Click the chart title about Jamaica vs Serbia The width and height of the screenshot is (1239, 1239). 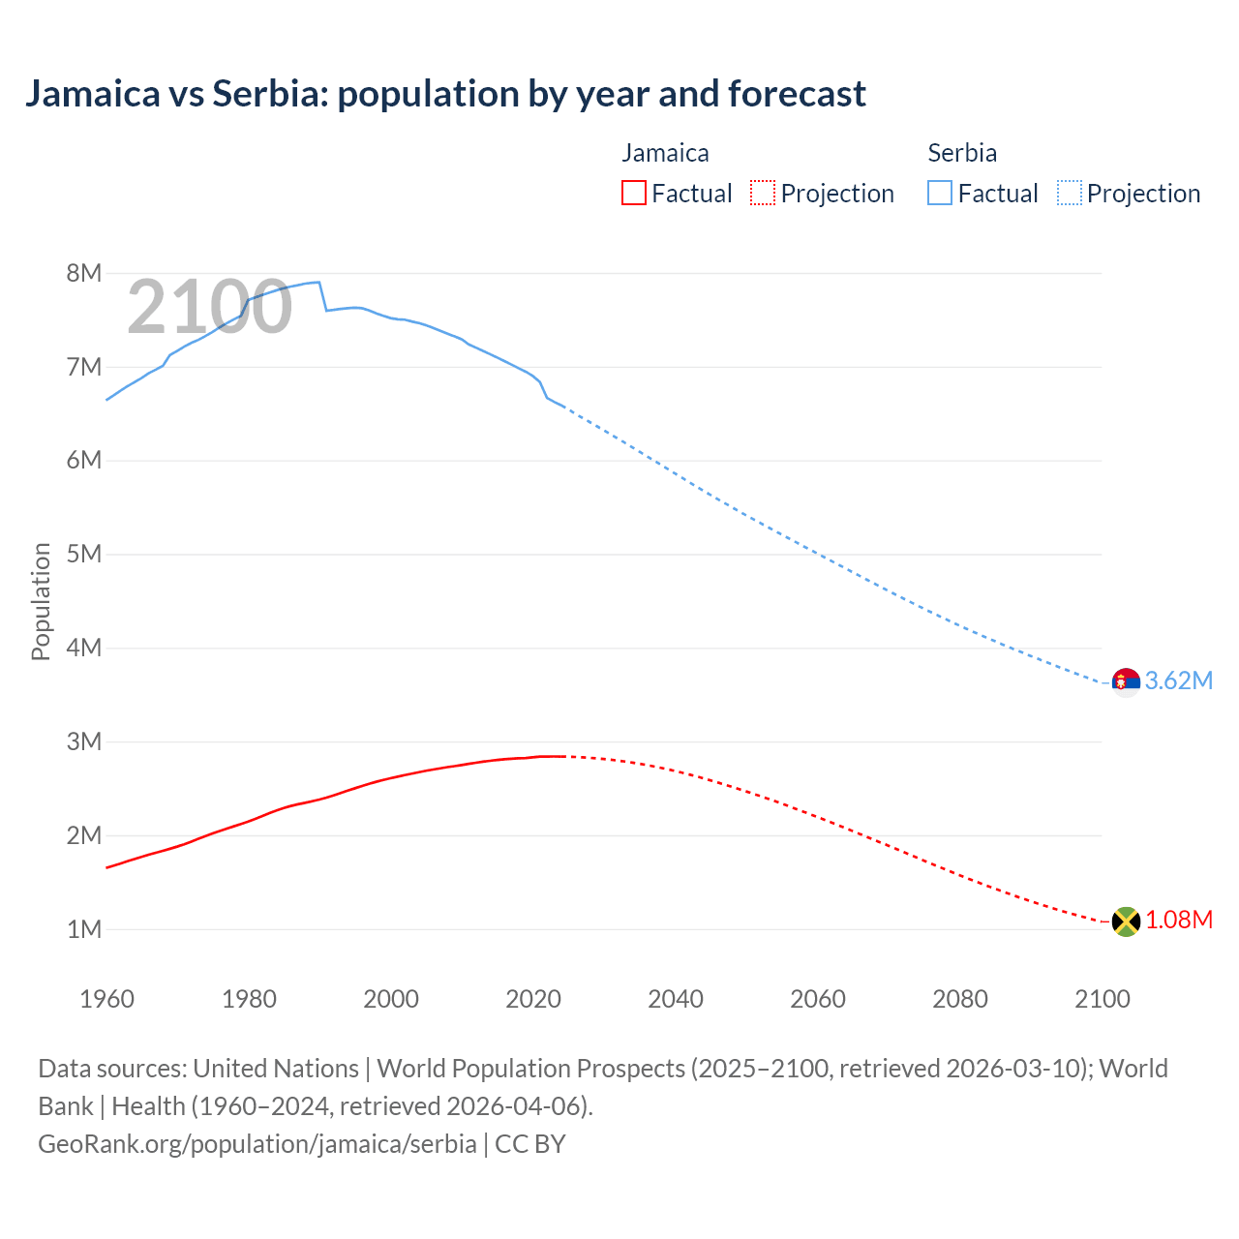pos(445,94)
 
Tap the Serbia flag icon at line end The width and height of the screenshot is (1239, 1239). pos(1126,681)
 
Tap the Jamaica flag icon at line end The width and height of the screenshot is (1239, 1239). pos(1126,921)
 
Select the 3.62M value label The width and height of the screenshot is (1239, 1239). pos(1178,681)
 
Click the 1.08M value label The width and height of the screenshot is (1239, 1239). pos(1178,921)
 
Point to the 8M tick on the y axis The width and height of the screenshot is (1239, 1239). pos(84,273)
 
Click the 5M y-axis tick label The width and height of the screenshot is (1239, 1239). pos(84,554)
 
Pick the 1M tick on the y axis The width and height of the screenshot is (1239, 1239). pos(84,929)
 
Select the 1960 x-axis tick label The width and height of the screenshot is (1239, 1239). pos(106,999)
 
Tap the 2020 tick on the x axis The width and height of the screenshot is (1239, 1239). pos(533,999)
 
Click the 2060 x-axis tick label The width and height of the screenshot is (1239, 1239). pos(818,999)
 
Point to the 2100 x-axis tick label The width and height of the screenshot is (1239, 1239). pos(1103,999)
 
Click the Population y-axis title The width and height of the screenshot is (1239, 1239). pos(41,601)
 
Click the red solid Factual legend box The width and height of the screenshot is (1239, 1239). pos(634,194)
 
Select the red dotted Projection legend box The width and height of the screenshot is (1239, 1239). pos(763,194)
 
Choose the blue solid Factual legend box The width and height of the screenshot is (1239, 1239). pos(940,194)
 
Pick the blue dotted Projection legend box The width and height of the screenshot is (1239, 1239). pos(1070,194)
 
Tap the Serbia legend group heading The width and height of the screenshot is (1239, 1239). pos(962,153)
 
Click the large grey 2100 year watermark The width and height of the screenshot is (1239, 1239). pos(209,307)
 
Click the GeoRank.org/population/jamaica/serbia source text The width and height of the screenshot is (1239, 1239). pos(257,1144)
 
